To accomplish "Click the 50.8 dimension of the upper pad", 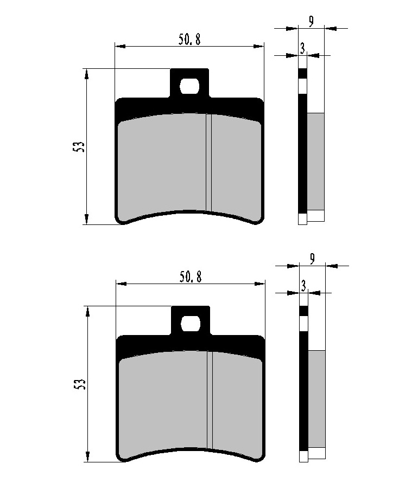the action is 189,40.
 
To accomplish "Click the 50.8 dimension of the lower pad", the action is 191,277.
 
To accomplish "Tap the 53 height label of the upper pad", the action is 79,146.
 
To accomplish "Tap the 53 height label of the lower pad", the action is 80,384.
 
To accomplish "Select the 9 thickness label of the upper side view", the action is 311,21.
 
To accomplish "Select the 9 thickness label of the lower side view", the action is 312,259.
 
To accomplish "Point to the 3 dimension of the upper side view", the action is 302,48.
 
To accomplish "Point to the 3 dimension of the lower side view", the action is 303,286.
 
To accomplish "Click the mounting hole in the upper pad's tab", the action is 190,86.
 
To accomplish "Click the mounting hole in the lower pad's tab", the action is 191,323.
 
